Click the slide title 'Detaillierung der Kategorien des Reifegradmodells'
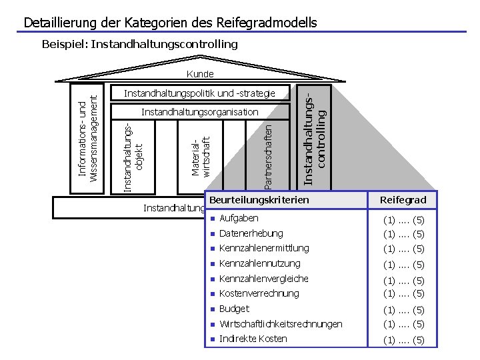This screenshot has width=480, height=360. point(170,23)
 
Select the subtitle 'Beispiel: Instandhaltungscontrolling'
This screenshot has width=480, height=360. point(139,45)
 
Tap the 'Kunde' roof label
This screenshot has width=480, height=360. point(200,74)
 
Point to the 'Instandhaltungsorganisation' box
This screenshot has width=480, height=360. point(199,112)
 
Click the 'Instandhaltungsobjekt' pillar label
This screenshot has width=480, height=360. point(134,155)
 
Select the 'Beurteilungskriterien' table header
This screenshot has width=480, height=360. point(259,200)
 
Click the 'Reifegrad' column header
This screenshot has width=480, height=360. point(403,200)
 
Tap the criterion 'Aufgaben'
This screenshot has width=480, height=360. point(239,219)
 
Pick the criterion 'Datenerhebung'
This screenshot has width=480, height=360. point(251,233)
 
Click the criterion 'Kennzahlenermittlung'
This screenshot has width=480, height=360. point(264,248)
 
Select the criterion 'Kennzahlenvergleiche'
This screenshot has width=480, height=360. point(263,279)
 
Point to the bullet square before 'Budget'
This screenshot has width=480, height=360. point(211,309)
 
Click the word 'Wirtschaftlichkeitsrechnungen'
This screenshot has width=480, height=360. point(281,324)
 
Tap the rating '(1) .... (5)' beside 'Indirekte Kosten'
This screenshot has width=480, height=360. point(403,340)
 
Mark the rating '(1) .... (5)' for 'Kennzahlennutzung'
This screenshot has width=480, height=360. point(403,265)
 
